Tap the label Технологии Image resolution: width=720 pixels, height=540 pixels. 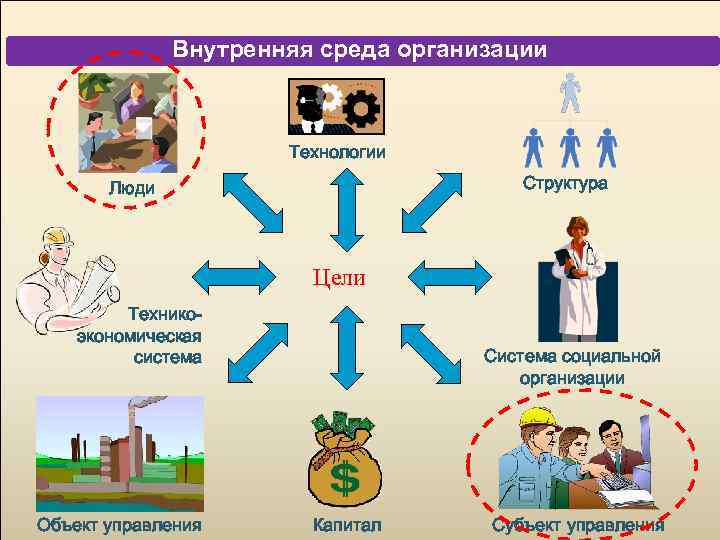(337, 153)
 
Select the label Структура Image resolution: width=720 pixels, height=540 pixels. (564, 184)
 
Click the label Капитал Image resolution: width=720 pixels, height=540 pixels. (346, 525)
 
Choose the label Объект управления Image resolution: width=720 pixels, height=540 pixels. (119, 525)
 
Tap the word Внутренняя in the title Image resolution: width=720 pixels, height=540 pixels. (232, 49)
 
